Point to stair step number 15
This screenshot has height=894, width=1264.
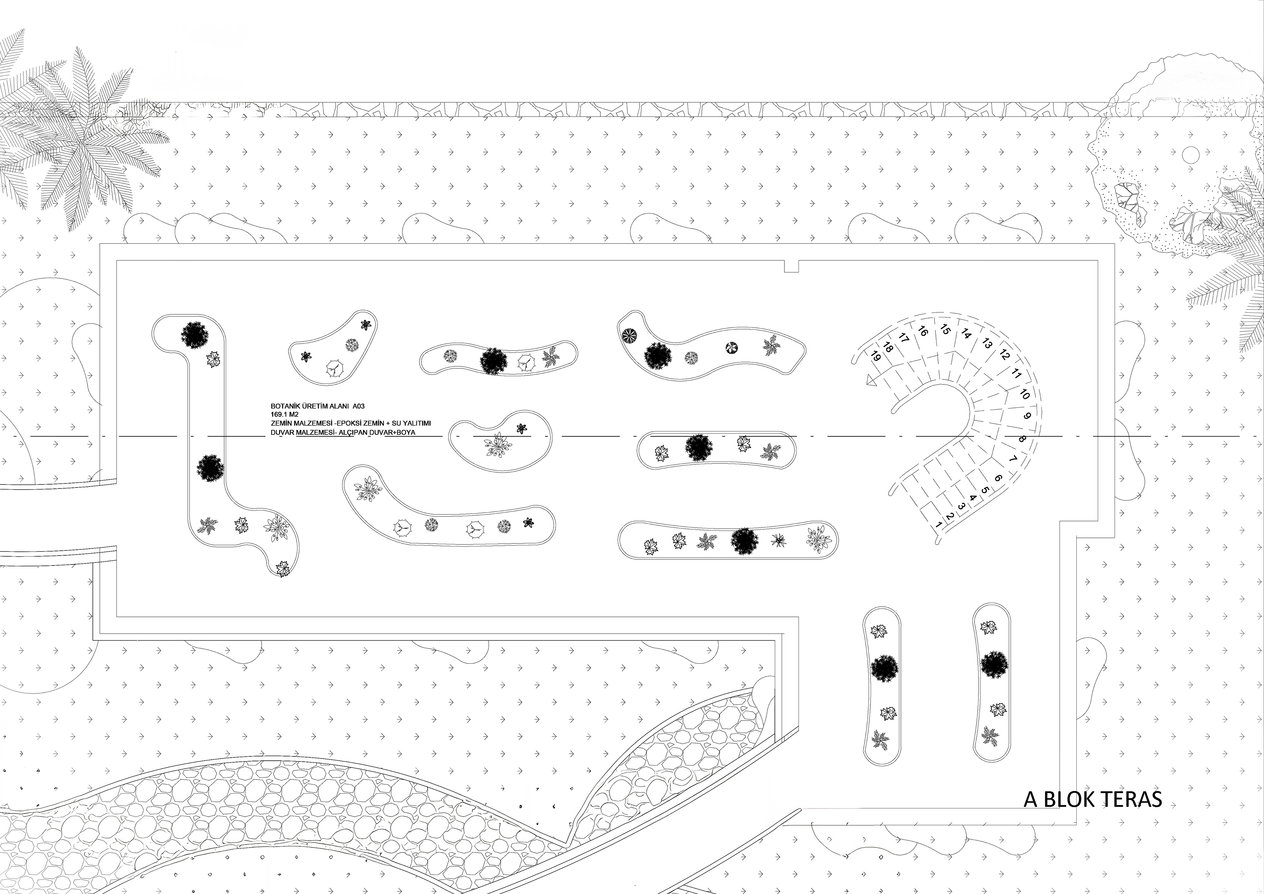pos(945,330)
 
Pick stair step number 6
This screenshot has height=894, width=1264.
pos(998,478)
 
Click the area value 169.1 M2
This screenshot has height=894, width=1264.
pos(285,414)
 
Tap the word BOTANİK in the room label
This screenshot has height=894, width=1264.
pos(284,406)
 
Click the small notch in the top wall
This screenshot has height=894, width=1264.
pos(791,266)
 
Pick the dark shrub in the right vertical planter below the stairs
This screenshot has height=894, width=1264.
pos(994,665)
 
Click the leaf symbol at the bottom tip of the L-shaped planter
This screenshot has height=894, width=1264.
pos(283,568)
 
